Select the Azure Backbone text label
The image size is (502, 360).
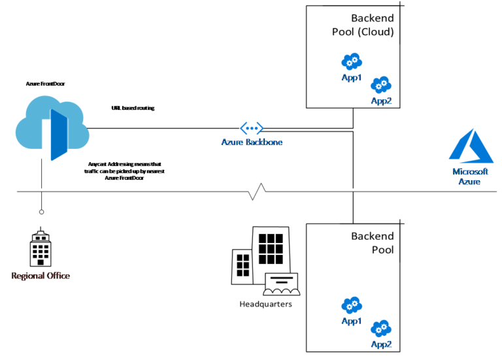coord(252,142)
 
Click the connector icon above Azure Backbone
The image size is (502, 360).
coord(252,128)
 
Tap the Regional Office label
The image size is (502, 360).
coord(41,276)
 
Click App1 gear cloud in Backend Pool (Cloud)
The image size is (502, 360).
coord(352,63)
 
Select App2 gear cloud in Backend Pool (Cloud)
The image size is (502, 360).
coord(380,85)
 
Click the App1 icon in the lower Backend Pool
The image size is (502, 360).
coord(352,305)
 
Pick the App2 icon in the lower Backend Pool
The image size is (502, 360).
coord(380,328)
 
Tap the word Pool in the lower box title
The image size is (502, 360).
coord(382,250)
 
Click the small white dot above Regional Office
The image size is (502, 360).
coord(42,212)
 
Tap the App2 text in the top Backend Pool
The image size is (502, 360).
coord(381,101)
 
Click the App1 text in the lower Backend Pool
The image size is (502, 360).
coord(352,321)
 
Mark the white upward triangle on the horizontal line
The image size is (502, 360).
coord(261,188)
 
